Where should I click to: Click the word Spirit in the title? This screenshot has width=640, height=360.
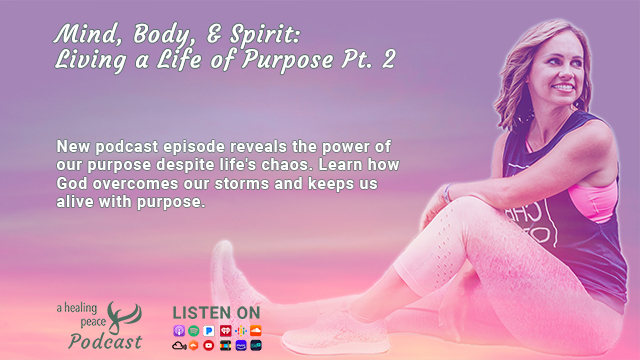264,35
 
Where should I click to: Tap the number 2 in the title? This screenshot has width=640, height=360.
389,59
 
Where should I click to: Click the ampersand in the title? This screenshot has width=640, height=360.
215,34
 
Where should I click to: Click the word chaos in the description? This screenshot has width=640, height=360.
287,165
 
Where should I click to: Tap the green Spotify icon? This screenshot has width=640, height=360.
194,331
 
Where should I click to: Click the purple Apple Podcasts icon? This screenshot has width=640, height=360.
179,331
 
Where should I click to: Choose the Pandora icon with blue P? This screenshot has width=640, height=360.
209,331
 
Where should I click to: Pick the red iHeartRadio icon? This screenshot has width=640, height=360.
225,331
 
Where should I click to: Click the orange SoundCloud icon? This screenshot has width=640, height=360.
256,331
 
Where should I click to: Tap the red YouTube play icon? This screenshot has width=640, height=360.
209,346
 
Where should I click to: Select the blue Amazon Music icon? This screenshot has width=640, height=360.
241,346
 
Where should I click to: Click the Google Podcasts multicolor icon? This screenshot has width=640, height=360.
241,331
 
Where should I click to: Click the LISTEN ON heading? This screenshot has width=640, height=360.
216,313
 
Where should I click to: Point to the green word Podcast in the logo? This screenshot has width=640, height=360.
105,342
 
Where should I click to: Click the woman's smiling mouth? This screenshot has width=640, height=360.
564,87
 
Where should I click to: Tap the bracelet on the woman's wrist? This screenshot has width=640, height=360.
448,193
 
